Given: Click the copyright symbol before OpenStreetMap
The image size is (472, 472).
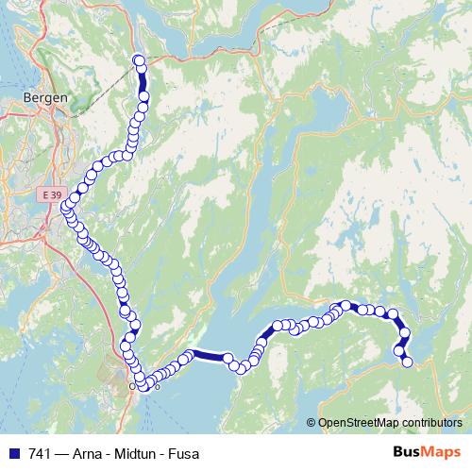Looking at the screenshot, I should pos(312,422).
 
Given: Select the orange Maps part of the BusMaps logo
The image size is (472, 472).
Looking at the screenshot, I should pos(442,453).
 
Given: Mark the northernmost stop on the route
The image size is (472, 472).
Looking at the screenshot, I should pos(140,61).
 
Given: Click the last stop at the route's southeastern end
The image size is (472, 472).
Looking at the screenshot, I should pos(408,362).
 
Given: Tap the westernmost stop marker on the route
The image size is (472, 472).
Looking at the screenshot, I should pos(65,208).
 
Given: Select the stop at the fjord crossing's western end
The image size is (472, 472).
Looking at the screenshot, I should pos(189,356).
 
